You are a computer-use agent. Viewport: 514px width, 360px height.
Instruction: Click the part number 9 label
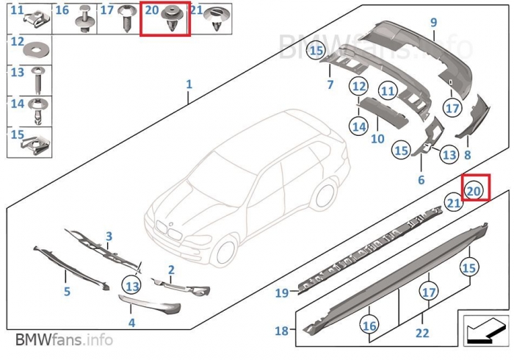[433, 22]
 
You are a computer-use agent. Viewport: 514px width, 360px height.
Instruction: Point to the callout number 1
[189, 85]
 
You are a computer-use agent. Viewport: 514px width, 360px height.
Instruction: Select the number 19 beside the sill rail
[281, 293]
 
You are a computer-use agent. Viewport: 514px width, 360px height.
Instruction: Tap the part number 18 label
[281, 331]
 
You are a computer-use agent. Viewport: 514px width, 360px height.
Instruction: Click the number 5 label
[67, 292]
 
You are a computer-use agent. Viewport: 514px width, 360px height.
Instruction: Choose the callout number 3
[109, 237]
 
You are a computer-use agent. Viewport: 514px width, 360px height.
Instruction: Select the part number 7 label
[330, 85]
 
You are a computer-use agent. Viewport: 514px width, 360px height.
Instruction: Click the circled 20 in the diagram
[474, 190]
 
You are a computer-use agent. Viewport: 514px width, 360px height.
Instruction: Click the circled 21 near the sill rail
[454, 203]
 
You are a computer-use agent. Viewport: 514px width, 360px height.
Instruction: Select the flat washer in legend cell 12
[35, 50]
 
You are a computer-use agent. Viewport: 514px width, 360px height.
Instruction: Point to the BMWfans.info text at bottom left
[64, 340]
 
